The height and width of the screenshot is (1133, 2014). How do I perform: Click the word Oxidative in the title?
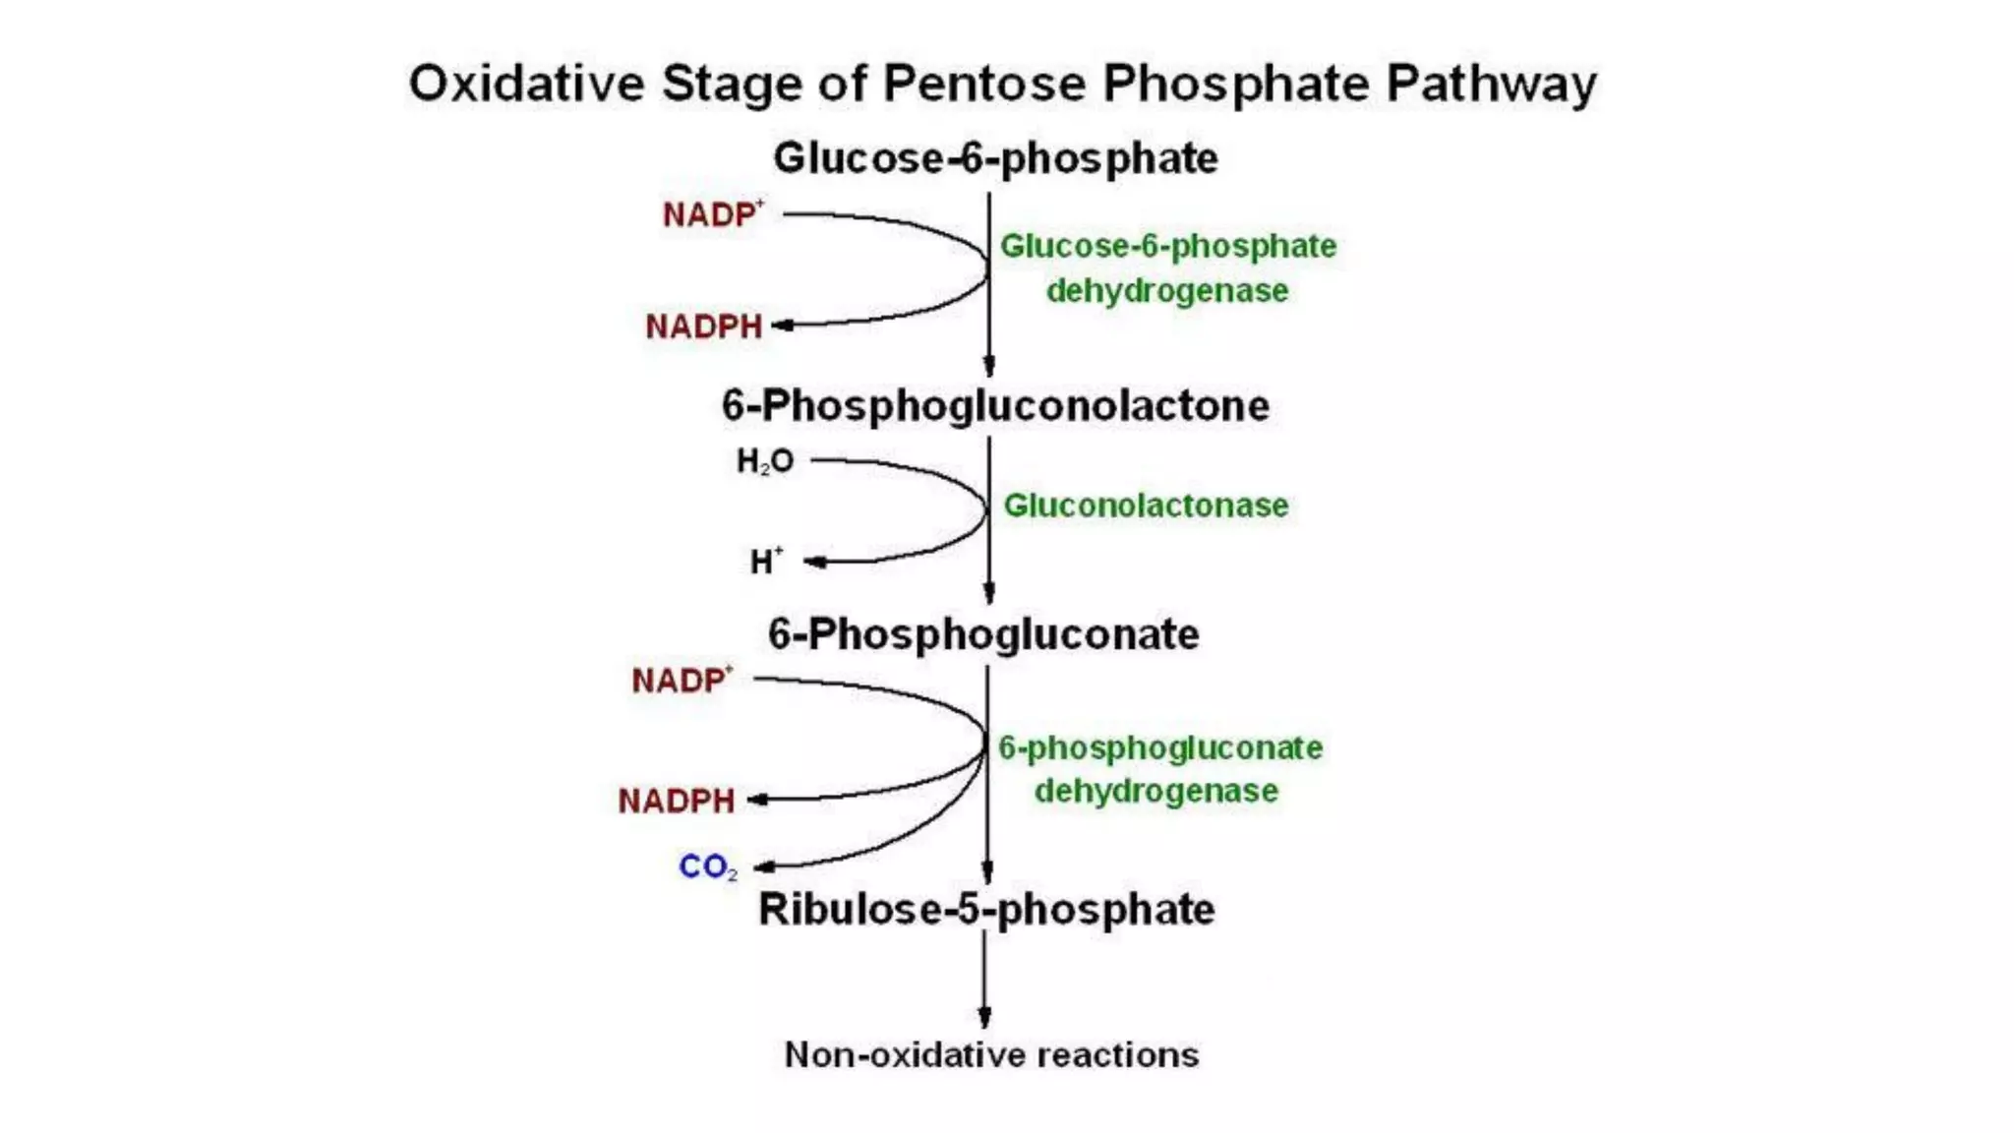[526, 84]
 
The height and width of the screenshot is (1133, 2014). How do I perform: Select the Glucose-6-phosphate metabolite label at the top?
[995, 158]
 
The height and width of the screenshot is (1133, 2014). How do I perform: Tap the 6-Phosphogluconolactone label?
[995, 406]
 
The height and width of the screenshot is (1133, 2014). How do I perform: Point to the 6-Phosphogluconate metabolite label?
[983, 634]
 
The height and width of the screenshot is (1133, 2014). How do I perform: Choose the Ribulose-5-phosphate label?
[986, 910]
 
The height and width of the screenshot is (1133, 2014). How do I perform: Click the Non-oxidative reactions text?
[991, 1055]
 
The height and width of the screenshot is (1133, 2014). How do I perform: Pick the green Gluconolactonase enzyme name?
[1146, 506]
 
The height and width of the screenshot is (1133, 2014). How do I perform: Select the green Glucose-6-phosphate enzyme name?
[1167, 247]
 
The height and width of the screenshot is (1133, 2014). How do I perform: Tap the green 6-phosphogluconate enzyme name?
[1160, 748]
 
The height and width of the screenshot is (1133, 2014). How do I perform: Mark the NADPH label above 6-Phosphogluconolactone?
[704, 327]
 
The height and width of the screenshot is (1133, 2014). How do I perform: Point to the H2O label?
[765, 461]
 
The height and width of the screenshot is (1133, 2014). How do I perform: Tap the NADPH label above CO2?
[677, 802]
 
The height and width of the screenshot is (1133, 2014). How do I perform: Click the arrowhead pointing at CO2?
[763, 867]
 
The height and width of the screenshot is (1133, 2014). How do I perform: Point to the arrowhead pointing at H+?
[814, 563]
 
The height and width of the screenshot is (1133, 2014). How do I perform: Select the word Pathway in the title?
[1491, 84]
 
